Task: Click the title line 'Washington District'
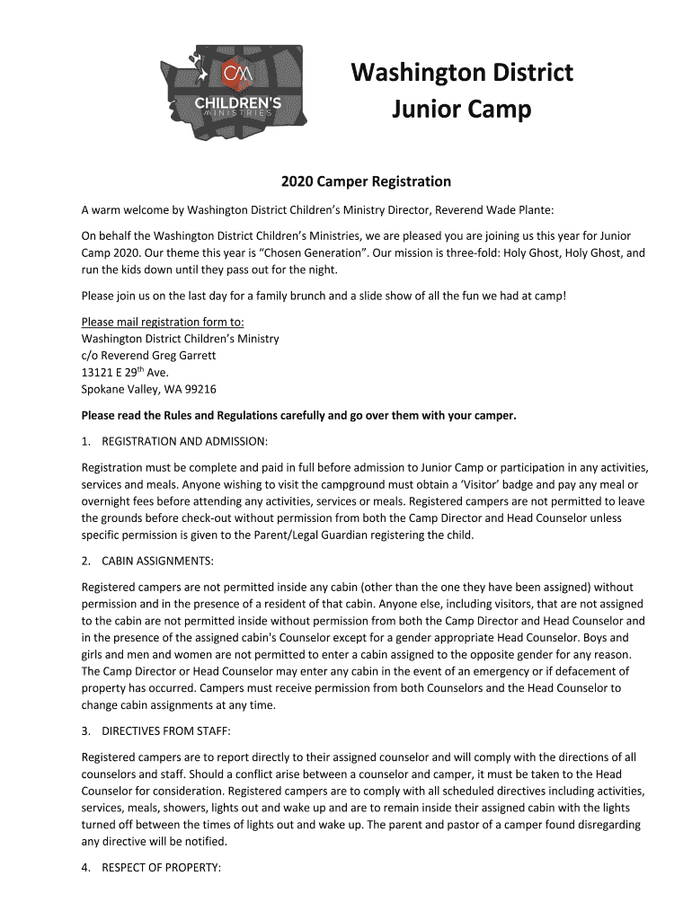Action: tap(461, 73)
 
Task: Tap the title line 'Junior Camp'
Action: tap(461, 111)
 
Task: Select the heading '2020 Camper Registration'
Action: tap(366, 181)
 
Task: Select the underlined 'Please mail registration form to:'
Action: tap(163, 322)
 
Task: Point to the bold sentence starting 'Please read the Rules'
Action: tap(299, 416)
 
